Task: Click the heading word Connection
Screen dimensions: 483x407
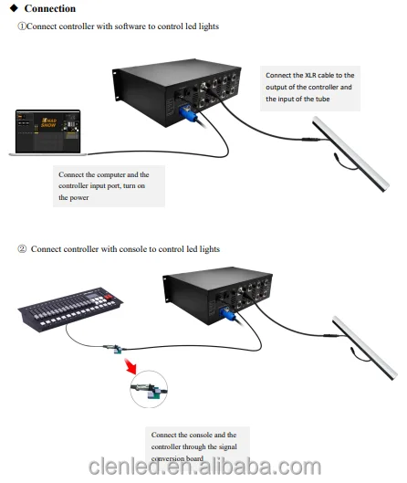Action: point(49,8)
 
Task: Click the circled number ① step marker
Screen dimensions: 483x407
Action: point(22,26)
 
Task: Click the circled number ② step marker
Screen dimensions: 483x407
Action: point(22,248)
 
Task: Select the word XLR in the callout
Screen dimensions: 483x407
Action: point(312,74)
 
